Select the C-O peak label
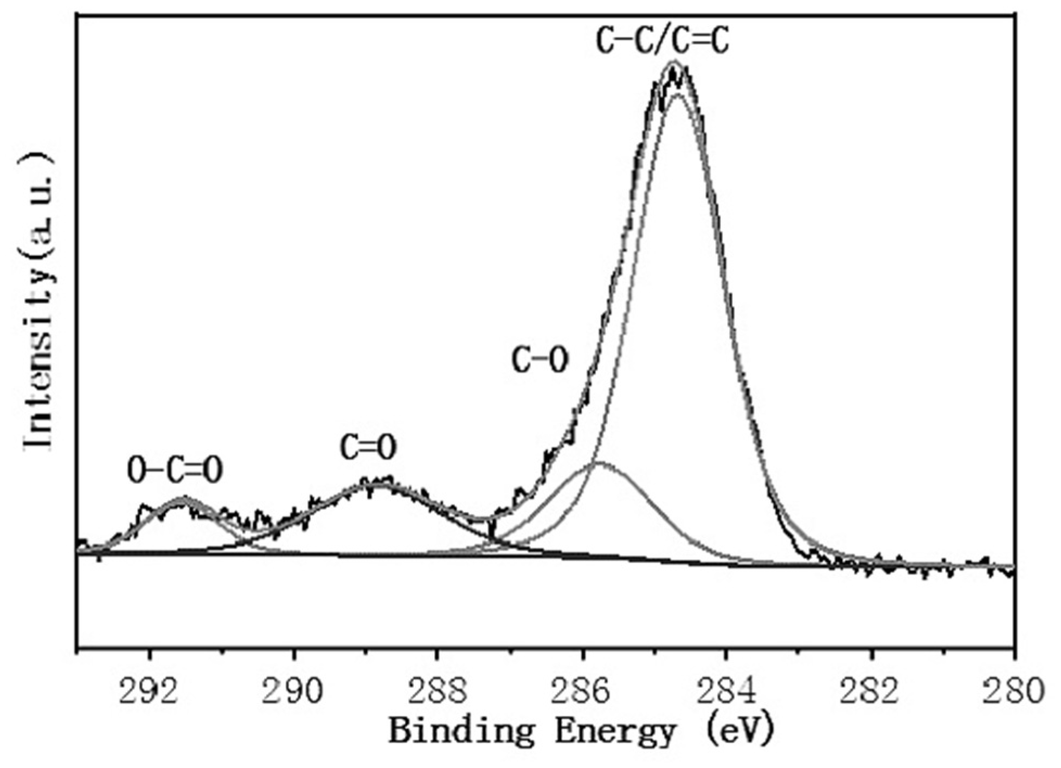click(x=540, y=360)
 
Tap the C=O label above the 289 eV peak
click(x=368, y=447)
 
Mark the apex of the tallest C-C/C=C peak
click(x=674, y=63)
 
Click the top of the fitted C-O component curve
click(x=599, y=463)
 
